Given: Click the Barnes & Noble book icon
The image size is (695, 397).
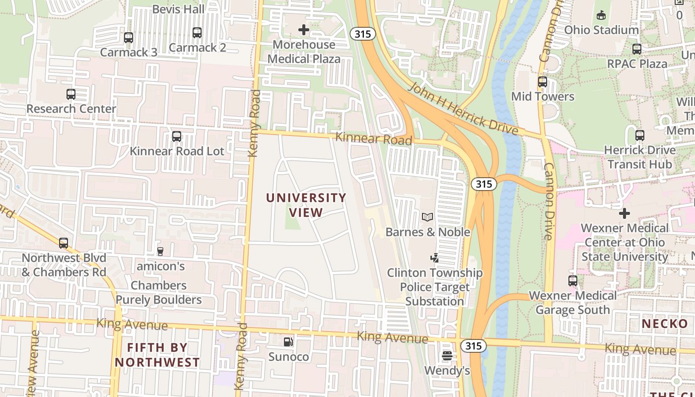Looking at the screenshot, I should [427, 217].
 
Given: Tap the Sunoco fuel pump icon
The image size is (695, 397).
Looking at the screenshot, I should [288, 341].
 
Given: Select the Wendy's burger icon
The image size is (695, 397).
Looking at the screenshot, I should [447, 355].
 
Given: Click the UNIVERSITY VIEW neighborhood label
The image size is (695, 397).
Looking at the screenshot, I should [306, 205].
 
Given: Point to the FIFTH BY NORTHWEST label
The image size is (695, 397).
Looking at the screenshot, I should [157, 355].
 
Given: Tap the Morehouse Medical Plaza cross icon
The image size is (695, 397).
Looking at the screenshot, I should [303, 30].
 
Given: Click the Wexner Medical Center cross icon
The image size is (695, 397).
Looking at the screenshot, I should [624, 213].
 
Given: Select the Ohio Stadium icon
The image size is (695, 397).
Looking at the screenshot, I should [601, 15].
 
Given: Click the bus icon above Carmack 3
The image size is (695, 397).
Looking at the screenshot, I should [128, 37].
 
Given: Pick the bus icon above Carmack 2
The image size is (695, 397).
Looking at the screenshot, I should [197, 33].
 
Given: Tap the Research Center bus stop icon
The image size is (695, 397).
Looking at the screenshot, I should [71, 94].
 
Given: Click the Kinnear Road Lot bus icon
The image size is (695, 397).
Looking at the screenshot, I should [176, 136].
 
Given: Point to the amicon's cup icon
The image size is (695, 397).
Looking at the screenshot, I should [160, 251].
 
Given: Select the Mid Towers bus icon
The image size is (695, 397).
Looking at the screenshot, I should [542, 81].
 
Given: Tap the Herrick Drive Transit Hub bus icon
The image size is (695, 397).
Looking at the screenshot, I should [639, 135].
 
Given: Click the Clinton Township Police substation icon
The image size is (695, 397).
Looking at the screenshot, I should [434, 258].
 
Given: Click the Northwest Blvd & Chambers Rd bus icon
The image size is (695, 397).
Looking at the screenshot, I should [64, 243].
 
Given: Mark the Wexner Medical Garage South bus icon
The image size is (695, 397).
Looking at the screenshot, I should [573, 281].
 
